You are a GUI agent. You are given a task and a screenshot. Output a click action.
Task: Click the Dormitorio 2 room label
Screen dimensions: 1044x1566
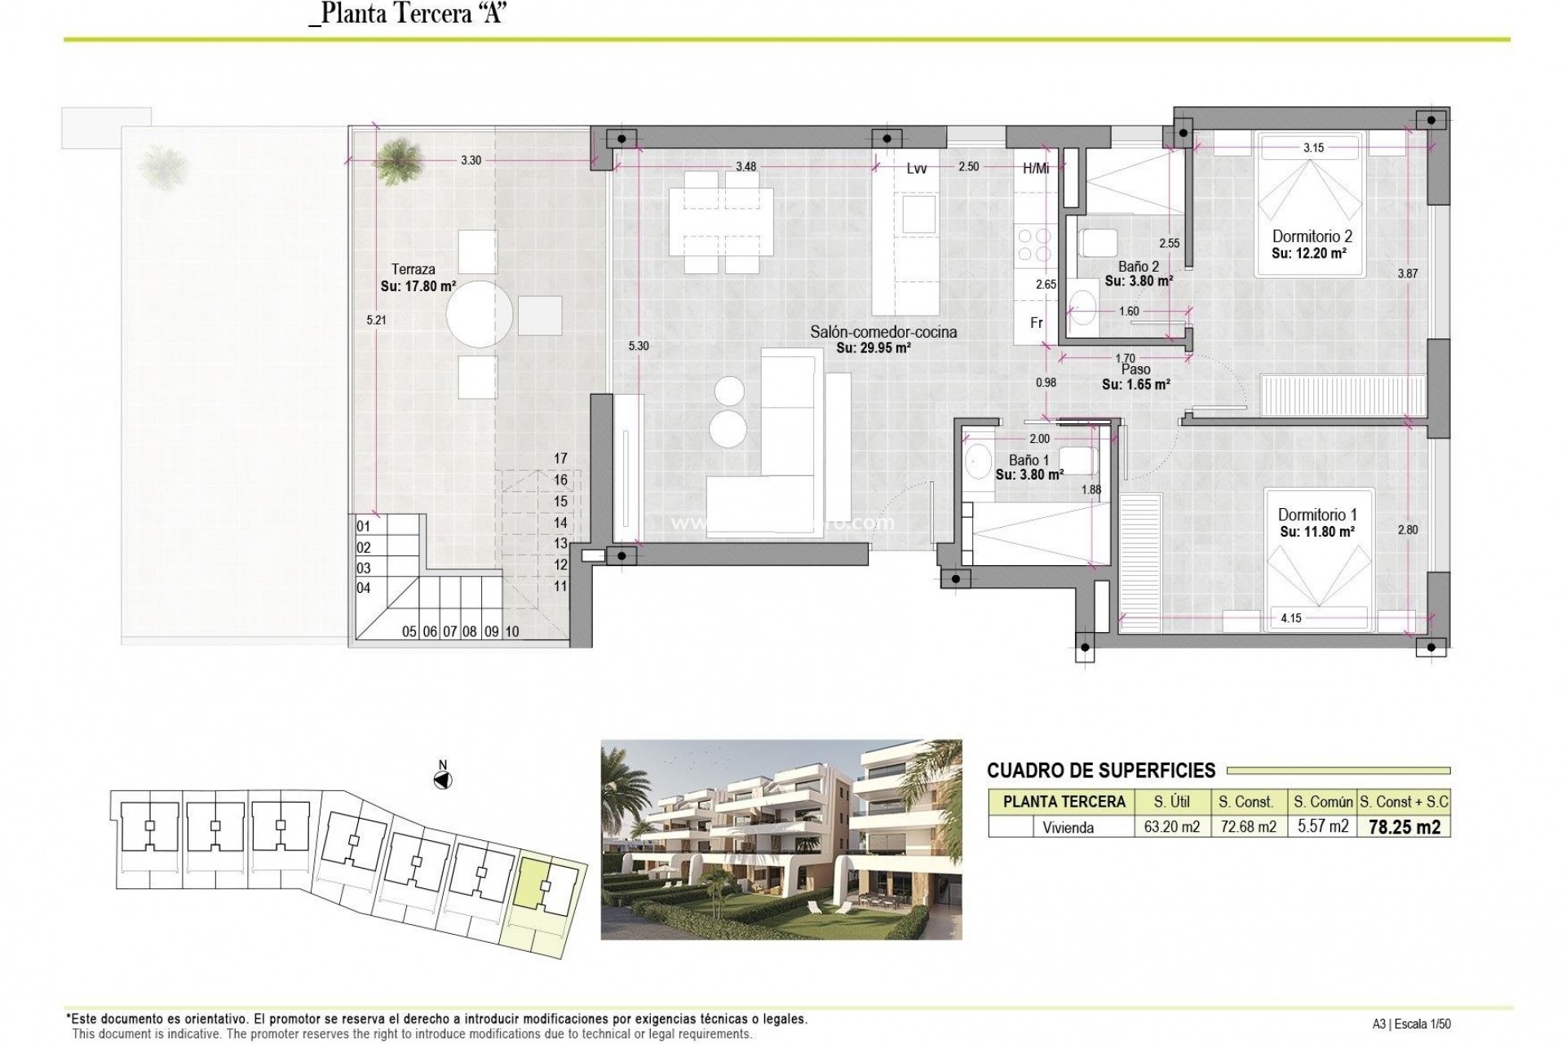(1312, 237)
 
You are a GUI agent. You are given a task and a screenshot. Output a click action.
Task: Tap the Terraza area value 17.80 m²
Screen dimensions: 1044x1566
(418, 286)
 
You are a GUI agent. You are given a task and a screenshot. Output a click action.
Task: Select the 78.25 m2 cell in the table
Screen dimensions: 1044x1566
(1404, 827)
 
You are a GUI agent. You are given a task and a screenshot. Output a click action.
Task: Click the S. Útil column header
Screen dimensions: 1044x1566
(1171, 802)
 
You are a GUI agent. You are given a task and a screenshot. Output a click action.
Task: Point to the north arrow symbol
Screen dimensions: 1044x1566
(443, 781)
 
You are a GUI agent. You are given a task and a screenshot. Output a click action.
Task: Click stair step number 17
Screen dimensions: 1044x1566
(560, 458)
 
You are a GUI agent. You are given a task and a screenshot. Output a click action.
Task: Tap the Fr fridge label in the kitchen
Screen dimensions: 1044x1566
(1036, 323)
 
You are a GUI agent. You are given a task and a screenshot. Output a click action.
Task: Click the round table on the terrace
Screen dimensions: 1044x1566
(480, 314)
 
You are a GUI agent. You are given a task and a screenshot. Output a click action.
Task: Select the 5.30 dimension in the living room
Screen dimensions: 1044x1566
(639, 346)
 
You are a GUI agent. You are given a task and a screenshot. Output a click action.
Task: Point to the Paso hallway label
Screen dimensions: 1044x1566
(1135, 369)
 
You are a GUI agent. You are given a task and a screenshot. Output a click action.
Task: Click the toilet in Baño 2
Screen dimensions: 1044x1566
(1098, 243)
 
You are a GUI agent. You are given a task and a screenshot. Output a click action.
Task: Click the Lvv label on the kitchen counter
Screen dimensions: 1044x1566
(917, 169)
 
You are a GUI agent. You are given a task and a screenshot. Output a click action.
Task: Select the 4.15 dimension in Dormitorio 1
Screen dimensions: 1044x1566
(1290, 618)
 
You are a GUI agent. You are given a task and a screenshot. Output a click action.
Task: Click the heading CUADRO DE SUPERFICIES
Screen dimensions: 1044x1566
(1100, 770)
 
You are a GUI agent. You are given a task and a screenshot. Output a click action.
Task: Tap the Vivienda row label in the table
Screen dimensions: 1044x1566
(1068, 827)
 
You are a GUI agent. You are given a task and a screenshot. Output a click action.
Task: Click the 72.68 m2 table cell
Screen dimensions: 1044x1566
(1247, 827)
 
